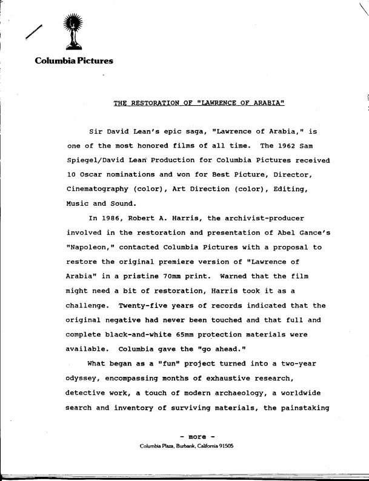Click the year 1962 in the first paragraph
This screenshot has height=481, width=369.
tap(285, 146)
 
